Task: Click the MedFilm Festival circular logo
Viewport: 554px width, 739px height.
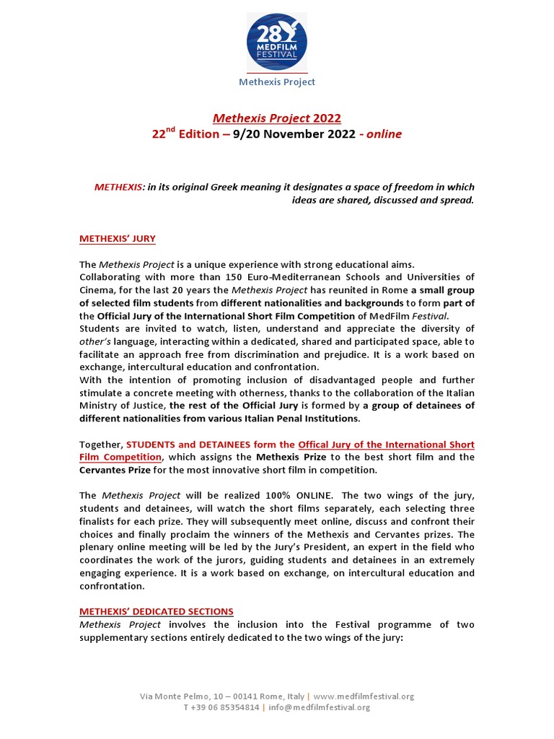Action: coord(277,41)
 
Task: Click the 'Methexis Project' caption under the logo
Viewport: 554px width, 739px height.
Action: coord(277,82)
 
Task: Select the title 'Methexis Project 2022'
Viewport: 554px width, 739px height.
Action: coord(277,118)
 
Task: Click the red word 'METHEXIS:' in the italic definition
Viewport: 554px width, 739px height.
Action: coord(118,187)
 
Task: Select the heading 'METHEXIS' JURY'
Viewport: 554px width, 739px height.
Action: coord(118,239)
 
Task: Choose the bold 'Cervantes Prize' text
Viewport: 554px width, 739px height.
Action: coord(114,470)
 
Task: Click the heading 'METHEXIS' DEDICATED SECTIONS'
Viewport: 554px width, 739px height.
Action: coord(157,611)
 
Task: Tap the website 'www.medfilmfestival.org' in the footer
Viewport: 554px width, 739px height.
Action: coord(364,696)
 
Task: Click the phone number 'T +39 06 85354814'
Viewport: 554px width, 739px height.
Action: coord(221,708)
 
